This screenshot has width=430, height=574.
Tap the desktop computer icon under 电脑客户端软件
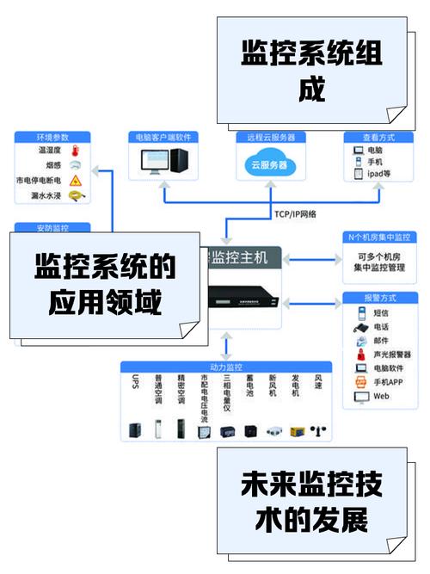[163, 160]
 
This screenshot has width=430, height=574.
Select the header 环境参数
[52, 137]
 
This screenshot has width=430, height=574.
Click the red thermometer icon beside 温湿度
[75, 151]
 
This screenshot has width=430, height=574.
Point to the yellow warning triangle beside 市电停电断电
[75, 181]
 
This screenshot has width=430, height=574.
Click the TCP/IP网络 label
[295, 213]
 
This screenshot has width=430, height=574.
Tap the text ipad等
[379, 174]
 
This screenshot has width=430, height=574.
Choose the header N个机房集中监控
[379, 237]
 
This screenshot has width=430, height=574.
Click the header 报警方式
[379, 298]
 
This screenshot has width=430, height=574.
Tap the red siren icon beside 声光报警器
[359, 355]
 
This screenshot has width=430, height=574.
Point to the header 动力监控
[226, 367]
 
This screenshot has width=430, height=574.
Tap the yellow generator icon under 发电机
[298, 429]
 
